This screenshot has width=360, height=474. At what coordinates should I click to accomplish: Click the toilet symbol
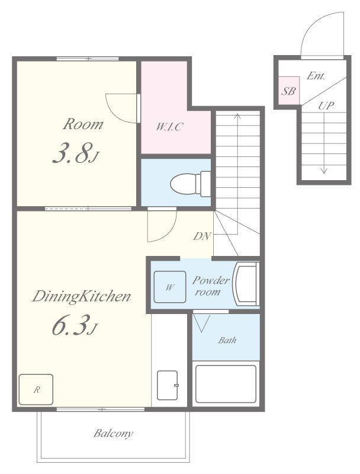191,183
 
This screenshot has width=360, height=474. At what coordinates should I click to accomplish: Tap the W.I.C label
169,127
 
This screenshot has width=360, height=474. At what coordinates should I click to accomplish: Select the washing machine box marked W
170,287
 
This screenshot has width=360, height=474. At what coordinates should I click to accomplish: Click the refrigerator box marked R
36,389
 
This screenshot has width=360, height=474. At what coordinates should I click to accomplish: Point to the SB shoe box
289,91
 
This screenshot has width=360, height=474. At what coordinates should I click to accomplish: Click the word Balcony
113,434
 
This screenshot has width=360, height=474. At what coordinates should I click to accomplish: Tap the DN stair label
202,236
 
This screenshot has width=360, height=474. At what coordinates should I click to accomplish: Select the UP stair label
326,106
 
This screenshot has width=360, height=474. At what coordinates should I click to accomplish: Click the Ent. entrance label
316,76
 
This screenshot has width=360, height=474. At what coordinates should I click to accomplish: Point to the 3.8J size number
76,153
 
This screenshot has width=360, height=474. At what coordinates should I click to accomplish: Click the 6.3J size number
75,325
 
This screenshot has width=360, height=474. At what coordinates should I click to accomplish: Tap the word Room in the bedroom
83,124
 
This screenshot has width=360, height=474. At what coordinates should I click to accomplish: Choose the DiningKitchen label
81,297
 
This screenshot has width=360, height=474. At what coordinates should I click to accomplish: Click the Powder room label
211,286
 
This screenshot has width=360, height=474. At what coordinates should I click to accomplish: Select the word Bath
227,340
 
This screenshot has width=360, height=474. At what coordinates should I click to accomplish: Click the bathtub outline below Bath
226,384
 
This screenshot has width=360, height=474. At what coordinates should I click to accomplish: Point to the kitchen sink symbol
168,385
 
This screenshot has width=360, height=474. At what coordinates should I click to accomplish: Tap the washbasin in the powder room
246,284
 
